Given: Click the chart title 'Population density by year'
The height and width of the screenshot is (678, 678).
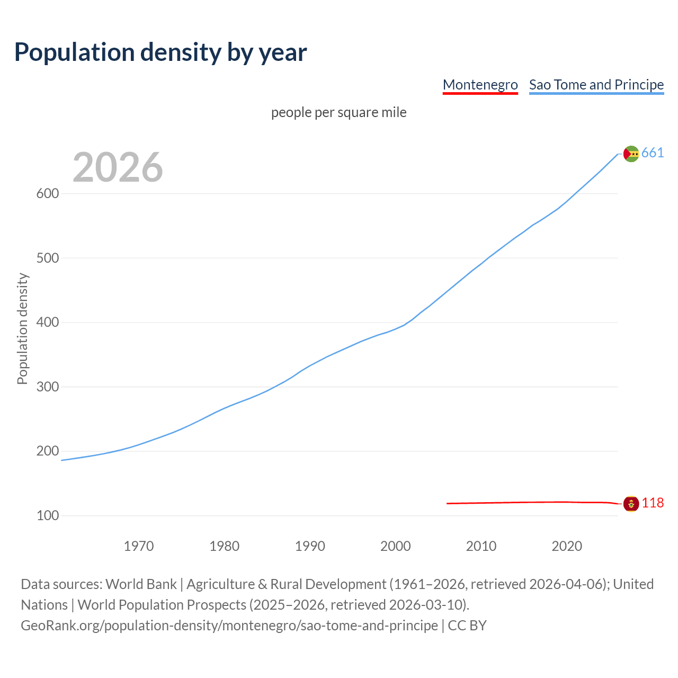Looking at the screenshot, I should point(160,52).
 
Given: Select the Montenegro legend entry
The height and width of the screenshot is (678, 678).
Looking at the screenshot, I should point(480,85).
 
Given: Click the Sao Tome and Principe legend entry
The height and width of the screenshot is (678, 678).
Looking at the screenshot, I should point(596,85).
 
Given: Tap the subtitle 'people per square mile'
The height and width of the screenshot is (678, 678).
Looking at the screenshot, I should point(338,112).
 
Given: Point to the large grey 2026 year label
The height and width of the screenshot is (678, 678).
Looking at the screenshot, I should point(118,167).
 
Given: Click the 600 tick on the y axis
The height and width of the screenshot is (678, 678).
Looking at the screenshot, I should point(47,193).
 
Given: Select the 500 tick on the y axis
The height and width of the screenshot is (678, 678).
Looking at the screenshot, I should point(47,258).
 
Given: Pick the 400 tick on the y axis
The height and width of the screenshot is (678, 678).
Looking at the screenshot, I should point(47,322).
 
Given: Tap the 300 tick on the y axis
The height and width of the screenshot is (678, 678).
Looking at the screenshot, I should point(47,387).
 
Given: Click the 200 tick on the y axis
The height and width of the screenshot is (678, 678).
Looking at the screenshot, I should point(47,451).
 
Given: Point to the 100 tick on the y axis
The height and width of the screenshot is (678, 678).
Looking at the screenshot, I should point(47,515).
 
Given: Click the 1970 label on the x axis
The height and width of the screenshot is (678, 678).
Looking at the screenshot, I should point(139,546).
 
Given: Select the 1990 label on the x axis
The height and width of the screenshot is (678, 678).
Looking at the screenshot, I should point(310,546).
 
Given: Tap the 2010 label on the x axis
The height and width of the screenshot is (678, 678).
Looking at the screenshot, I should point(481,546).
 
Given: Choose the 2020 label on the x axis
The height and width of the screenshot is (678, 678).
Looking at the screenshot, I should point(567,546).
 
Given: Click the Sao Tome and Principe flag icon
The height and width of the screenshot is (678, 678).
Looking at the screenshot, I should point(631,154).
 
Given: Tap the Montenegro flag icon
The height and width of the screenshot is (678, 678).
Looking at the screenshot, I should point(631,504).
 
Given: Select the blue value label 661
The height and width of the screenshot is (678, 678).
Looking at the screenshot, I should point(653,153).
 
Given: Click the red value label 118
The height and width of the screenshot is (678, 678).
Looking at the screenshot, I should point(653,503).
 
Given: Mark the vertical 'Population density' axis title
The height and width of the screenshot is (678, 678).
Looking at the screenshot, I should point(22,328).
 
